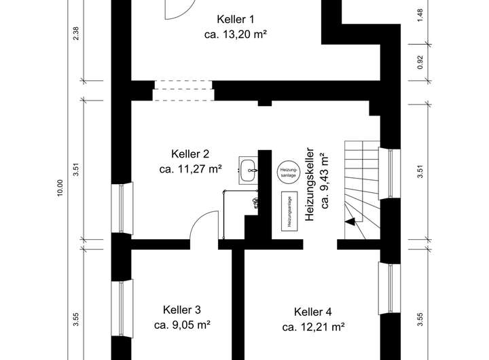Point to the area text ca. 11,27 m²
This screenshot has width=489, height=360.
191,168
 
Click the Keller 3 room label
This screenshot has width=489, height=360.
181,310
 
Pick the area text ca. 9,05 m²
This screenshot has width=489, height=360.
181,325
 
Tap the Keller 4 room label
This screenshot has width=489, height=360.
312,312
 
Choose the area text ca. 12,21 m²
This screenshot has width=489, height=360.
312,327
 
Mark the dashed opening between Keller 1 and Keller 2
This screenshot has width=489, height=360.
183,90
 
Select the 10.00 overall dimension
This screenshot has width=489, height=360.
60,188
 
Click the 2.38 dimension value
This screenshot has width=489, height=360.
77,33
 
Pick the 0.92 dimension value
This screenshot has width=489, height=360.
421,62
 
